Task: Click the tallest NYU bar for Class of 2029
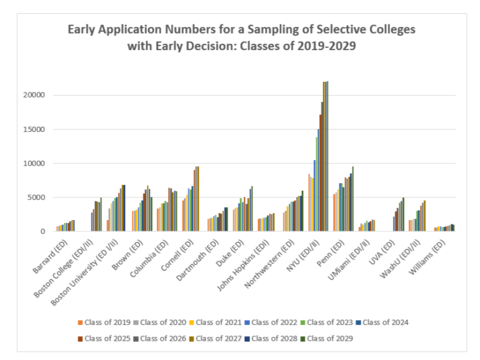point(327,156)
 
